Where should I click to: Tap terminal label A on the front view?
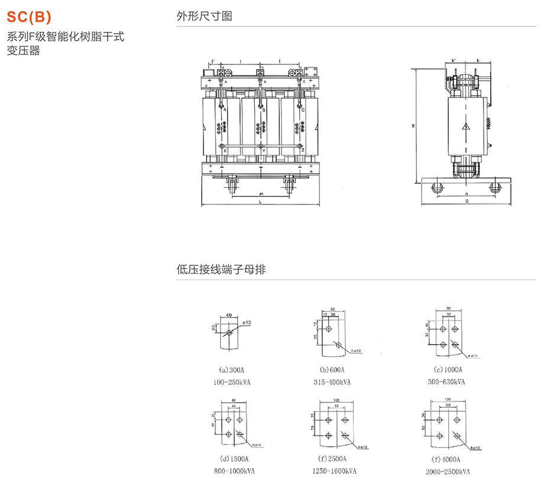[225, 110]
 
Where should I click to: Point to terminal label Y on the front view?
[264, 151]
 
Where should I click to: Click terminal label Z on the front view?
[303, 151]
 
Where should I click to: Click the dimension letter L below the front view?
[261, 202]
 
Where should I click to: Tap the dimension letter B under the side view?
[467, 202]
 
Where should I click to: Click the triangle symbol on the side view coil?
[466, 126]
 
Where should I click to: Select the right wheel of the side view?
[496, 187]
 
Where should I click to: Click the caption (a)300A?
[231, 369]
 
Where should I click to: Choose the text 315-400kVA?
[332, 382]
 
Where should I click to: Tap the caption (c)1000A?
[446, 369]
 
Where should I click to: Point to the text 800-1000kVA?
[233, 470]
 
